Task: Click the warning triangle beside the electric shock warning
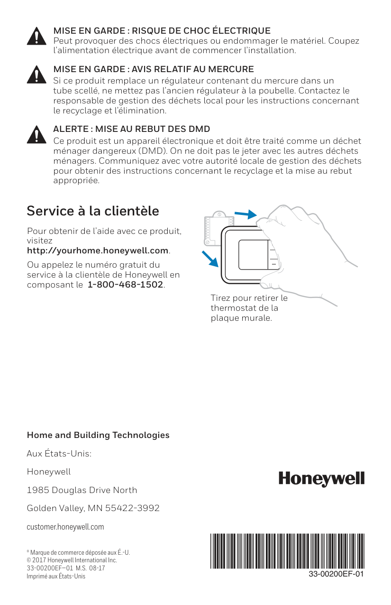36,36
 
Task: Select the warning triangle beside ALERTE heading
36,134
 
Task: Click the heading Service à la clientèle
93,211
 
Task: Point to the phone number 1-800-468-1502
126,285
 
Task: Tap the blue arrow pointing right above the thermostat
246,214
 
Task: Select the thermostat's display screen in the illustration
253,255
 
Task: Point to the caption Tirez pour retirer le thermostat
249,308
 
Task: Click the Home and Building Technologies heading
98,435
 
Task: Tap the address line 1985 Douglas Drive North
82,490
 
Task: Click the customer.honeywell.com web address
65,527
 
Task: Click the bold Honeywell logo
321,479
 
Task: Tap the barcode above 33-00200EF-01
288,550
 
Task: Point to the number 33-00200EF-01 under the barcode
336,574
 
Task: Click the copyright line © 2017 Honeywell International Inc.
72,560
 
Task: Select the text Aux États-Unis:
59,454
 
